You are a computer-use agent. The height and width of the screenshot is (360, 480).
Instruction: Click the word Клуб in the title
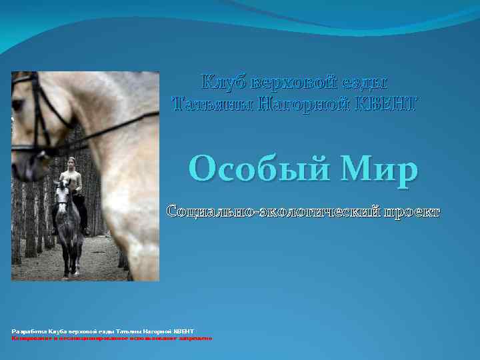pos(223,83)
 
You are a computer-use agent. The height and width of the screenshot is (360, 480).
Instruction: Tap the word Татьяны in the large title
pos(212,103)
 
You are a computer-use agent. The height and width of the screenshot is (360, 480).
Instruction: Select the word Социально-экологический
pos(273,211)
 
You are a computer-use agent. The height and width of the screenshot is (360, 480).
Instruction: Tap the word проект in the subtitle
pos(411,211)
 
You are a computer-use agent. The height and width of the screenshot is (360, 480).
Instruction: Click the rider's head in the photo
pos(71,163)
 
